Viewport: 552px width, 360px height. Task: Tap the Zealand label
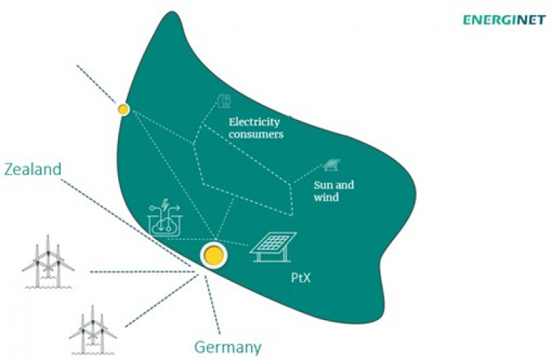(33, 170)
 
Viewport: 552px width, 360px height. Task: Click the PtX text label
(300, 281)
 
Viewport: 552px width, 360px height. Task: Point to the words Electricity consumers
(256, 129)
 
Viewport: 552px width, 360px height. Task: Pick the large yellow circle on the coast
(214, 255)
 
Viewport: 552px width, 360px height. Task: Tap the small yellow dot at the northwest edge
(124, 109)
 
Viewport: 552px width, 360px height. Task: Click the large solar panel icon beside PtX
(273, 244)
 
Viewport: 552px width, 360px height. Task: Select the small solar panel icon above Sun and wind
(332, 166)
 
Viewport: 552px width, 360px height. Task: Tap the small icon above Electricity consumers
(224, 102)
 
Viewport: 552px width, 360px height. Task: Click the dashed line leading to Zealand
(131, 226)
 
